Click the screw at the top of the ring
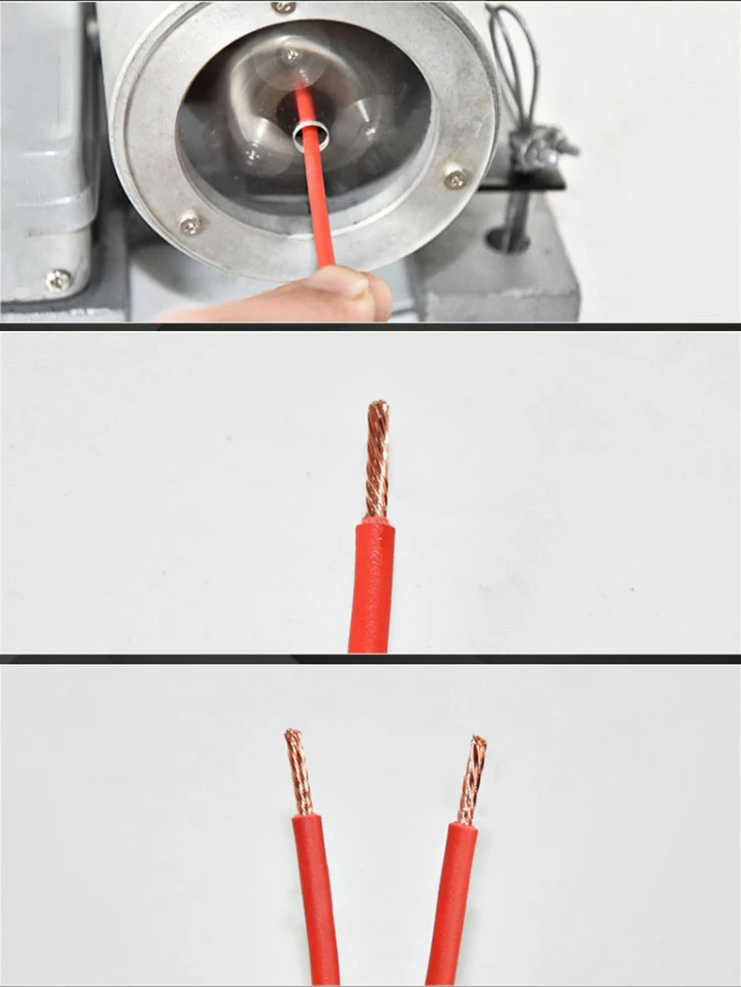[285, 7]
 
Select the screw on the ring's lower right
[455, 179]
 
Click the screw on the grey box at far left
[58, 280]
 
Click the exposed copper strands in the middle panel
[377, 459]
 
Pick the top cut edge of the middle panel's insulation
[375, 522]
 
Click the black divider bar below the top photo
[370, 326]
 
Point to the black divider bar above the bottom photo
[370, 658]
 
